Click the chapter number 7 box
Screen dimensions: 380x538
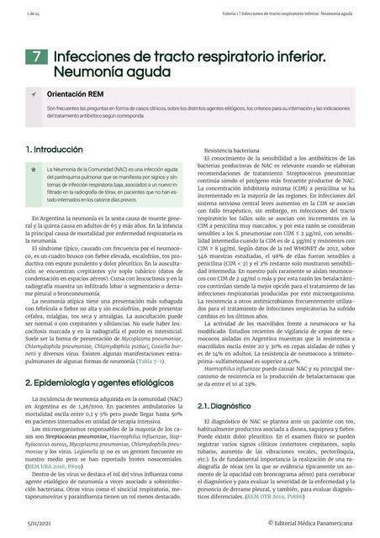(36, 57)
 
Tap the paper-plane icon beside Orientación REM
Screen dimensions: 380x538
(33, 96)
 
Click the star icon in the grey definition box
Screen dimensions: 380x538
(33, 171)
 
